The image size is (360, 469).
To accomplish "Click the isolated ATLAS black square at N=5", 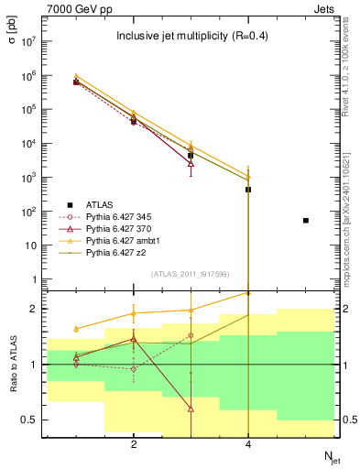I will tap(305, 221).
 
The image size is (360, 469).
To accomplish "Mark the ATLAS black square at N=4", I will tap(248, 190).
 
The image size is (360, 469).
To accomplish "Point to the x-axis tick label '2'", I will tap(134, 444).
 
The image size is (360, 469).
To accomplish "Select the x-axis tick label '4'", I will tap(248, 444).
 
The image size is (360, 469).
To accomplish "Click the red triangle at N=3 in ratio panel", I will tap(191, 409).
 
